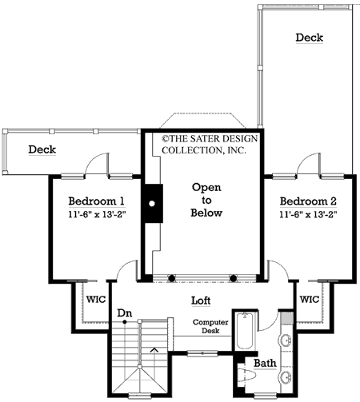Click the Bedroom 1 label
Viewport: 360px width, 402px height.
tap(96, 201)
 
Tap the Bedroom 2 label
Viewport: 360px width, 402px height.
tap(309, 200)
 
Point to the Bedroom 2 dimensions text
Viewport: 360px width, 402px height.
tap(309, 214)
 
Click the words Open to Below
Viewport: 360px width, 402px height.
tap(206, 200)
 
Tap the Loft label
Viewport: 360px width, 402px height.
tap(201, 301)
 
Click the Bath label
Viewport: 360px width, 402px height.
tap(265, 364)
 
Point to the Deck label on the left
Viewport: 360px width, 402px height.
tap(42, 149)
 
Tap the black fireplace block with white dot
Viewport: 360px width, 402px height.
tap(151, 204)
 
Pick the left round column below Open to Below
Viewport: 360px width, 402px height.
tap(170, 278)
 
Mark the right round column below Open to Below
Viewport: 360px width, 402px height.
tap(234, 278)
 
